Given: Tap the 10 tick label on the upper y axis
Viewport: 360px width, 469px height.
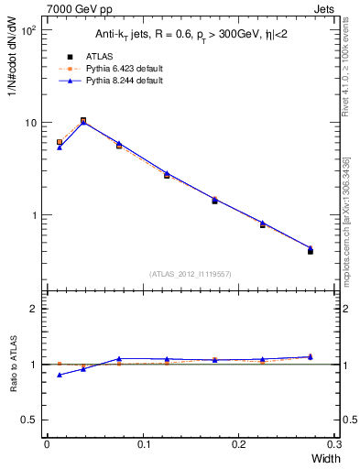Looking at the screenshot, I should click(x=29, y=123).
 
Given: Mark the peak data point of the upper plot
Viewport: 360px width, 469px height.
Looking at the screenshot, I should click(x=83, y=121).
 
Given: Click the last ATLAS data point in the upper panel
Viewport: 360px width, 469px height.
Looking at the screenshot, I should click(x=311, y=250).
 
